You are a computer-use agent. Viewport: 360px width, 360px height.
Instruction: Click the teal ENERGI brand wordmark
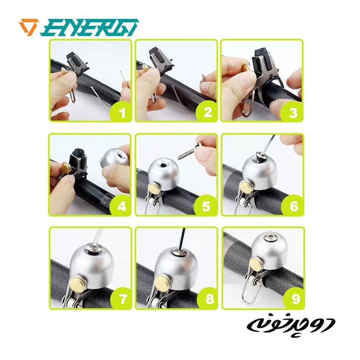tap(90, 27)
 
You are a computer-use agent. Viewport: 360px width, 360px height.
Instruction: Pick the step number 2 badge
tap(207, 112)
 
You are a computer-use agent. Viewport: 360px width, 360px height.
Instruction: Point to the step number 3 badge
tap(293, 112)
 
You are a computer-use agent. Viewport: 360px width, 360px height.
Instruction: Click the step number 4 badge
tap(121, 206)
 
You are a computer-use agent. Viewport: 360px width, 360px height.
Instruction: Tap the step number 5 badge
tap(206, 206)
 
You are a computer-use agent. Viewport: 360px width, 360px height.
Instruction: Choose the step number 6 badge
tap(294, 206)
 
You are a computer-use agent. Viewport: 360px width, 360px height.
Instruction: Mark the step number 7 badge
tap(122, 299)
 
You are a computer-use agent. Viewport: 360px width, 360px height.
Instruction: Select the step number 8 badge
tap(209, 299)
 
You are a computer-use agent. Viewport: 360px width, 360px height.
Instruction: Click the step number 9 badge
tap(295, 299)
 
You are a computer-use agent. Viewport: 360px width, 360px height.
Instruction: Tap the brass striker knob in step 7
tap(77, 285)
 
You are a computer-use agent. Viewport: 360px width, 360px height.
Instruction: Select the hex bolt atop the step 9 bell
tap(269, 236)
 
